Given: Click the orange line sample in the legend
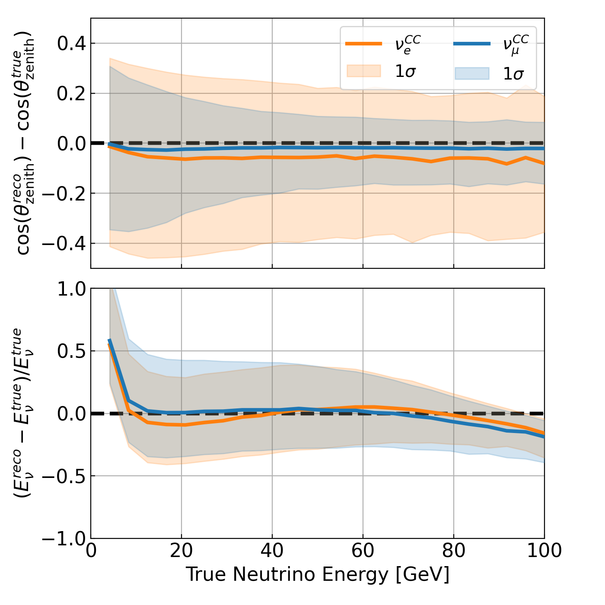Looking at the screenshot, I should (x=364, y=44).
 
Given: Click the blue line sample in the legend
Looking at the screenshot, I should (x=472, y=44).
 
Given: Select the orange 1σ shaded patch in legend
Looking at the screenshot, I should (x=364, y=71).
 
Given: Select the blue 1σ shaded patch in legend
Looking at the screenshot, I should (x=472, y=73).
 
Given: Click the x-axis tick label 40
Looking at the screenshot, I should (x=272, y=551).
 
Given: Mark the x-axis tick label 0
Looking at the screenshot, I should (x=91, y=551).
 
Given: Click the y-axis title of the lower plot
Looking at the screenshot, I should (x=24, y=413).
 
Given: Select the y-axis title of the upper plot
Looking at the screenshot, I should (x=24, y=143).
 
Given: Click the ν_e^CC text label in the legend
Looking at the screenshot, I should (x=407, y=44).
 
